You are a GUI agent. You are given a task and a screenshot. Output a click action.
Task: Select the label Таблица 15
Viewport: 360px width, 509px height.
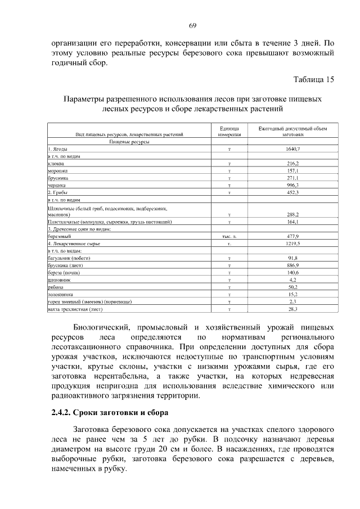coord(314,79)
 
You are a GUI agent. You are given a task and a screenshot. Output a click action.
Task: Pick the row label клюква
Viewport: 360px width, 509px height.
coord(56,163)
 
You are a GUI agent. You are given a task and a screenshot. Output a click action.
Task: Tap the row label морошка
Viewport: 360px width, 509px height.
coord(58,170)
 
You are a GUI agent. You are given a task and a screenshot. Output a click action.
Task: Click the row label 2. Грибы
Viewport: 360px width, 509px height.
coord(59,192)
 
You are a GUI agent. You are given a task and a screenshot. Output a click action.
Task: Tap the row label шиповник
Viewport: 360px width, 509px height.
coord(59,280)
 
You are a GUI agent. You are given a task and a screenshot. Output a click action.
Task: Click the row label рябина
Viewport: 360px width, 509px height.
coord(56,287)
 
